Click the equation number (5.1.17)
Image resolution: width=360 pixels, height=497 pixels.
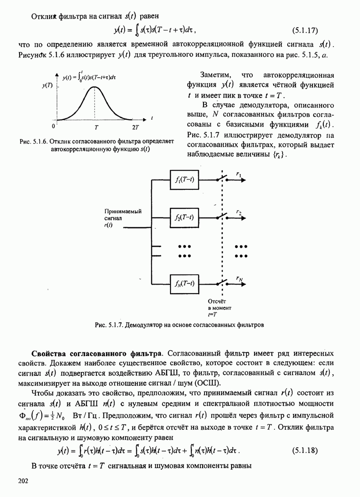[x=303, y=31]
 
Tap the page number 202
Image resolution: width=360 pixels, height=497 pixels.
[x=23, y=481]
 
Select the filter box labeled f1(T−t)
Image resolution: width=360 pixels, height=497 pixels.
[x=185, y=179]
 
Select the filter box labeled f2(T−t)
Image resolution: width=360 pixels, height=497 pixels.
[x=185, y=218]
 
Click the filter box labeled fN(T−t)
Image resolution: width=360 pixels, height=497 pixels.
[x=185, y=283]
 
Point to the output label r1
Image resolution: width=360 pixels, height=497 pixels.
[x=238, y=173]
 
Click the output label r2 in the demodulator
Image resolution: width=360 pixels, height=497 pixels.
[x=238, y=212]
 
